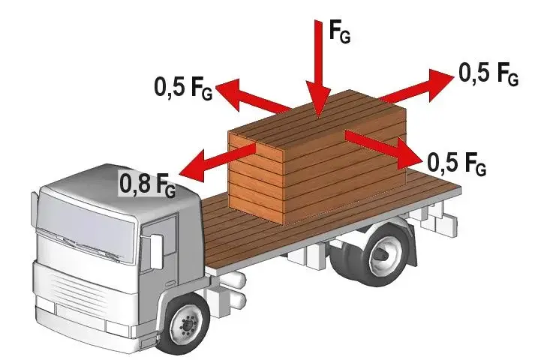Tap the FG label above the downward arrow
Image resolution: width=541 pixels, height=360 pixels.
(x=340, y=31)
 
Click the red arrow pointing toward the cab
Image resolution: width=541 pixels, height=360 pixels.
(x=218, y=160)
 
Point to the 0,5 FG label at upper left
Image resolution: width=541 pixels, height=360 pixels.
(x=183, y=88)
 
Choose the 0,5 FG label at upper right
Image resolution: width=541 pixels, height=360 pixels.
(x=488, y=73)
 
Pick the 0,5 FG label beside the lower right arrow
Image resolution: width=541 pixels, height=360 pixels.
(x=457, y=163)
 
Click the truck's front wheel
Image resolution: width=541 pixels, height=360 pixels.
(x=188, y=324)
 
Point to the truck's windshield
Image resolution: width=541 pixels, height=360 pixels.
(x=85, y=224)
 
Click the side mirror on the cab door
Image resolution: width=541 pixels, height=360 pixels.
(x=156, y=251)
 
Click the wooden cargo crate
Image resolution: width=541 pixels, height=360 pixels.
(x=317, y=155)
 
